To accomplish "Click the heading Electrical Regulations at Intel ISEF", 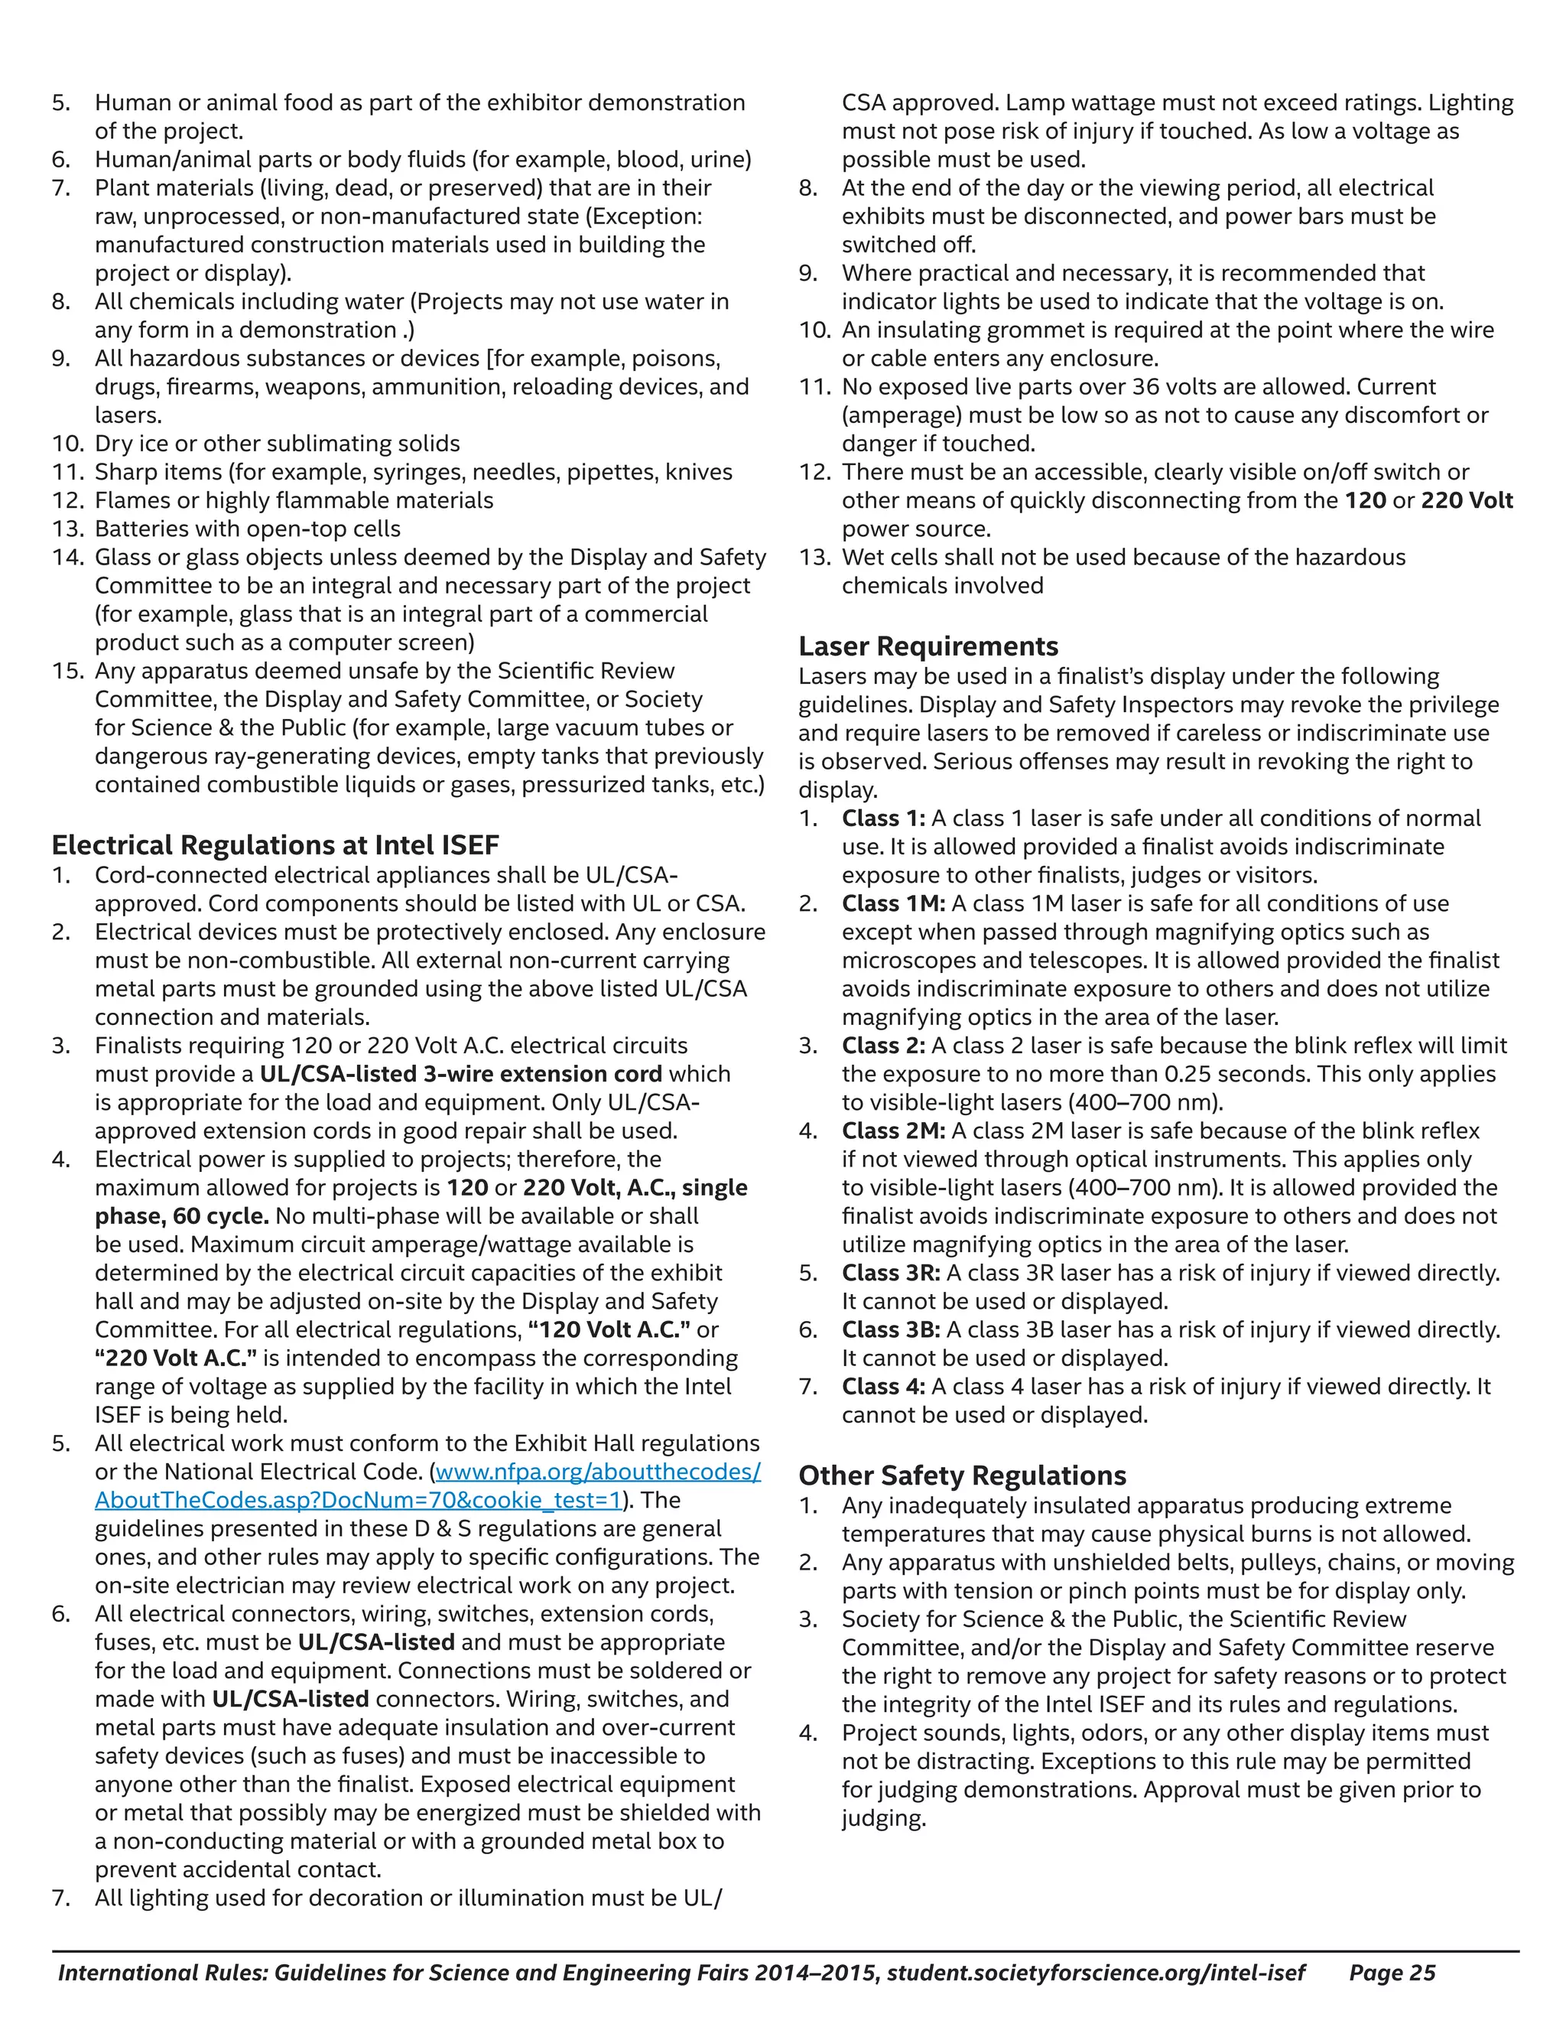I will tap(275, 844).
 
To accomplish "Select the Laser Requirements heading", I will tap(928, 646).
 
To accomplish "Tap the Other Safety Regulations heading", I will tap(962, 1476).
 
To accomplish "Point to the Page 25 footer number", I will tap(1392, 1972).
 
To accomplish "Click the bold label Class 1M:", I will tap(892, 903).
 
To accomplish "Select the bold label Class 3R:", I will tap(891, 1273).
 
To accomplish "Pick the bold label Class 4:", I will tap(883, 1387).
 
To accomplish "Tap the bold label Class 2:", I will tap(883, 1045).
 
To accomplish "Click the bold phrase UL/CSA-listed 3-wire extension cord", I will tap(460, 1074).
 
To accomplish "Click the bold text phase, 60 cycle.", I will tap(182, 1216).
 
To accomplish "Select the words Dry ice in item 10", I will tap(127, 444).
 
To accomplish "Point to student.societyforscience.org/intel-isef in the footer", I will tap(1096, 1972).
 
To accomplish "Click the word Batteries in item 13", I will tap(144, 529).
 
